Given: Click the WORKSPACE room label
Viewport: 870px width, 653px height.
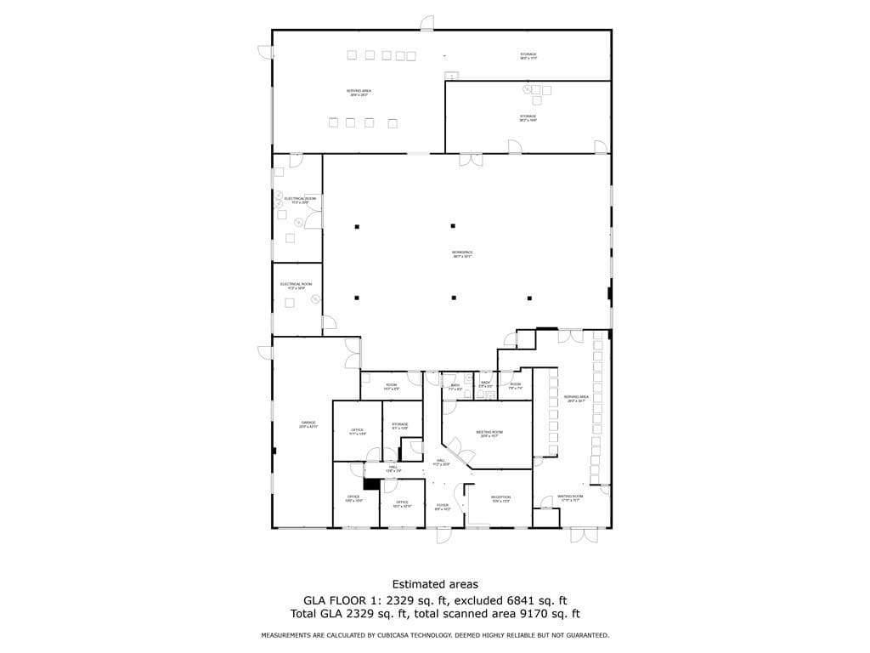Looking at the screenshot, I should point(461,253).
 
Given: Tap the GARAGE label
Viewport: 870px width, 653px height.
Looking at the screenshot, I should point(308,423).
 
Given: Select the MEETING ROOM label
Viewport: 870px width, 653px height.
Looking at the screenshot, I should point(490,433).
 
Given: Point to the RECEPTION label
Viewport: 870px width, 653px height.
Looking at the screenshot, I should point(500,497).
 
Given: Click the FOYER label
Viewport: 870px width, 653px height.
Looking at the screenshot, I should point(443,506).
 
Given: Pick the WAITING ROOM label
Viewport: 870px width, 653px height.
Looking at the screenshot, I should point(570,497).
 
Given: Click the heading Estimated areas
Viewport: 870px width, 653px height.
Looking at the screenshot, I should point(434,584).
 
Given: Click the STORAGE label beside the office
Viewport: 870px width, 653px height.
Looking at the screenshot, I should point(400,424).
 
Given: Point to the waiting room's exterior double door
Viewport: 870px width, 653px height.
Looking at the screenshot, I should point(583,534).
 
